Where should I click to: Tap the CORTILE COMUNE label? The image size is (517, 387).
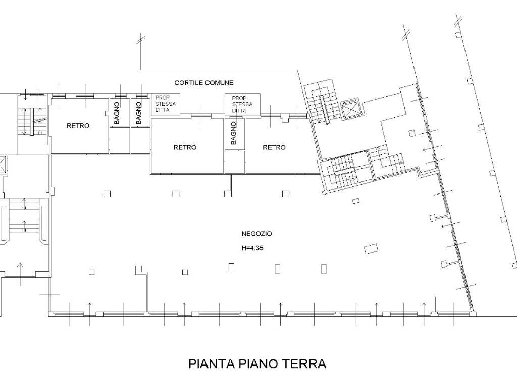(204, 83)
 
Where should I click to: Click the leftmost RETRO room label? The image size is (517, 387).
(78, 126)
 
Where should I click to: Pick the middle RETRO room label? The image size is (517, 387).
(185, 147)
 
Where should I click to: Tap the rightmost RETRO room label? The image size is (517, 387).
(274, 147)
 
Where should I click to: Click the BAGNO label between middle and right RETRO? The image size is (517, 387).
(233, 134)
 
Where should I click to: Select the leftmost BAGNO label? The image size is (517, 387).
(117, 113)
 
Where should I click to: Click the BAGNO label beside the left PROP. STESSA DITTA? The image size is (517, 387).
(138, 113)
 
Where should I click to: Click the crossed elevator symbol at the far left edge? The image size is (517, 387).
(3, 164)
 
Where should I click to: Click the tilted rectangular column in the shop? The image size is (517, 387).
(371, 248)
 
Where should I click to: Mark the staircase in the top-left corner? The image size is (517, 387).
(33, 121)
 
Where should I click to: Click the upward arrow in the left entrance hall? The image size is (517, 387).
(21, 267)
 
